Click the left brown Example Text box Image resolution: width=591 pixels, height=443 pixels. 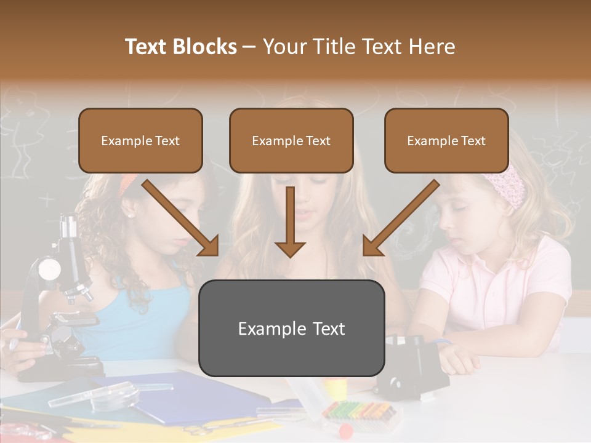(x=140, y=140)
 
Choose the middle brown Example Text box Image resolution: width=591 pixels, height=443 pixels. (x=291, y=140)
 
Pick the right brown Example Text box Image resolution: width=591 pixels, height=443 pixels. (x=446, y=140)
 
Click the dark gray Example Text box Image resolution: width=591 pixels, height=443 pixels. (x=291, y=328)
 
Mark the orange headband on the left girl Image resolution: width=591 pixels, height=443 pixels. (x=128, y=181)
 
